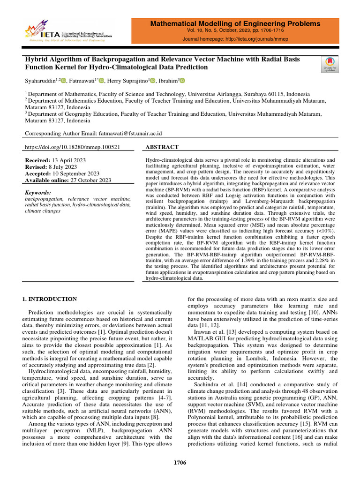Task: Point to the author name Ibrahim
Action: pos(168,81)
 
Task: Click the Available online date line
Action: pos(67,180)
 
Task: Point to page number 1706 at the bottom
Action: pos(180,463)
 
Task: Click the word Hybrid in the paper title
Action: pos(36,59)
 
